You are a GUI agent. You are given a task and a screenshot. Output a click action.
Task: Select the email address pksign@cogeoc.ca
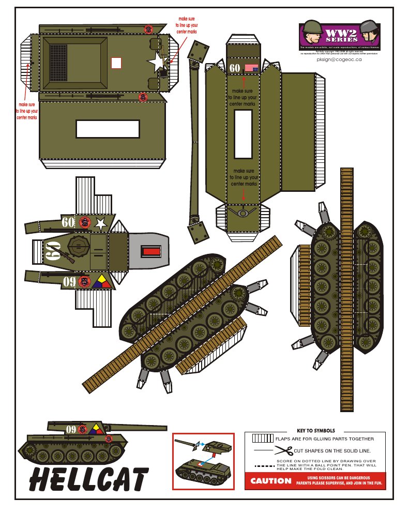(339, 59)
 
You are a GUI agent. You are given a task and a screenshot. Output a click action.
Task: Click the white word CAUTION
(270, 481)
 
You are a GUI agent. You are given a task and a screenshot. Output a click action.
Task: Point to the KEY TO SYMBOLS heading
(315, 431)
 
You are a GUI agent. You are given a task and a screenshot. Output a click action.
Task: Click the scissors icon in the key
(283, 450)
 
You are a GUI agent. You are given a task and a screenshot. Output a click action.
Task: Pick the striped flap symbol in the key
(263, 439)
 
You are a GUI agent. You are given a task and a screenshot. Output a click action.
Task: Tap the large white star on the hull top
(156, 63)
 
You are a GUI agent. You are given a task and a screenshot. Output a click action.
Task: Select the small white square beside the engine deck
(116, 63)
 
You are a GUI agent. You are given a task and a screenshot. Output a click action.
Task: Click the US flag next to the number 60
(251, 68)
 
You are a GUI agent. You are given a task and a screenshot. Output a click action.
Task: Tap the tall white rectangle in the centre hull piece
(243, 134)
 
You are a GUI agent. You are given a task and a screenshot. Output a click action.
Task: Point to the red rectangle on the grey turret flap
(152, 252)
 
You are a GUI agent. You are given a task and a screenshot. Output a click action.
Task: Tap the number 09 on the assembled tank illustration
(71, 429)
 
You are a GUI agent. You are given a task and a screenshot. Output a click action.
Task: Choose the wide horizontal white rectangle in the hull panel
(108, 129)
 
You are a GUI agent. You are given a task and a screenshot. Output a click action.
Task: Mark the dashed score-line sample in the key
(264, 465)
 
